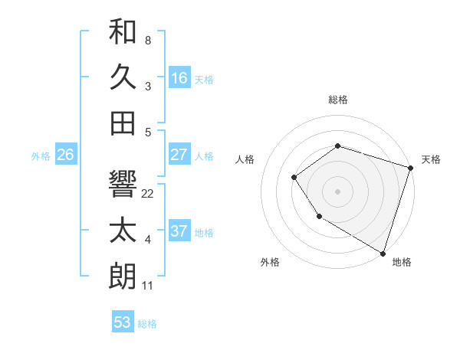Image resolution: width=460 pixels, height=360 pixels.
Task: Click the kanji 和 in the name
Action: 123,32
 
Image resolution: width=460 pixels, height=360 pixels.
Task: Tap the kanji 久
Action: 123,77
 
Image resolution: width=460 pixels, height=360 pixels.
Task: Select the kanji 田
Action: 123,123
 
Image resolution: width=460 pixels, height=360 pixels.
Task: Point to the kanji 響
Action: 123,184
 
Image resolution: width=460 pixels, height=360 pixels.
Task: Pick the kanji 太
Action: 123,231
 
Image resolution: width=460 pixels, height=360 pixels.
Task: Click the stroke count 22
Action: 148,194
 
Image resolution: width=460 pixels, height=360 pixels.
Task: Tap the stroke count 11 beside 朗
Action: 148,286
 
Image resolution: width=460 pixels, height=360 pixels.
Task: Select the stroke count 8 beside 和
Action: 147,40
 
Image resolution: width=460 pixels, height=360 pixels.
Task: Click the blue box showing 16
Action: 179,78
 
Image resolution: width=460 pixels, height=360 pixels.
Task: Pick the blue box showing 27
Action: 179,155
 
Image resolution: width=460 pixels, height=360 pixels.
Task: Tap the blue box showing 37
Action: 179,231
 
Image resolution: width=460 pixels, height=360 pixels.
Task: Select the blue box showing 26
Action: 66,155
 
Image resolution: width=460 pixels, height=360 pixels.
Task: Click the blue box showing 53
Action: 123,322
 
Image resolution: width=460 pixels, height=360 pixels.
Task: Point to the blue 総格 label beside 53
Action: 147,324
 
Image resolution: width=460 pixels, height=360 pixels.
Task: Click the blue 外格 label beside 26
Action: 41,156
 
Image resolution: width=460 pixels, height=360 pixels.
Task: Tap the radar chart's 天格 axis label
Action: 431,159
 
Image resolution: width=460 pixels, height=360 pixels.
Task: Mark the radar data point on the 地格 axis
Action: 383,253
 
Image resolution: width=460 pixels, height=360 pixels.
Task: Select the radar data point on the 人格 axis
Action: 294,178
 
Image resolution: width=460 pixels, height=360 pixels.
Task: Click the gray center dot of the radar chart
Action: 337,191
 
